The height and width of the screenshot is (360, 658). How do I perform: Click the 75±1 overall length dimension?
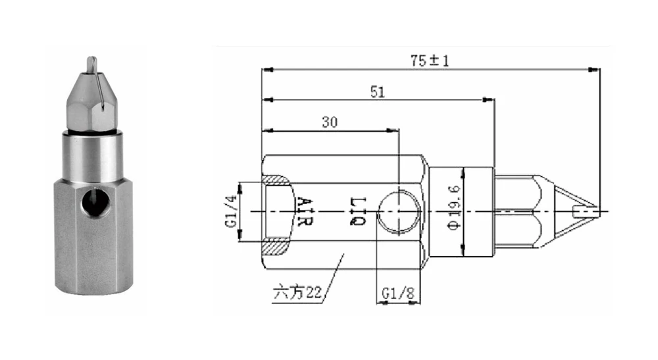[x=429, y=61]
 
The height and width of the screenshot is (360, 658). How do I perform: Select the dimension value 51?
[x=377, y=92]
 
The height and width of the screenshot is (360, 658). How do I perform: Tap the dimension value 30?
[x=330, y=122]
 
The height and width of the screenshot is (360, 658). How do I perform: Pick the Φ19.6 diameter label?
[x=455, y=208]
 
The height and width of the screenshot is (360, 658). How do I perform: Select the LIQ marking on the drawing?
[x=358, y=211]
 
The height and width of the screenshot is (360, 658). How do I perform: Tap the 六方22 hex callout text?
[x=297, y=292]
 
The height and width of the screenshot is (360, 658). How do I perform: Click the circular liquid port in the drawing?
[x=398, y=212]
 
